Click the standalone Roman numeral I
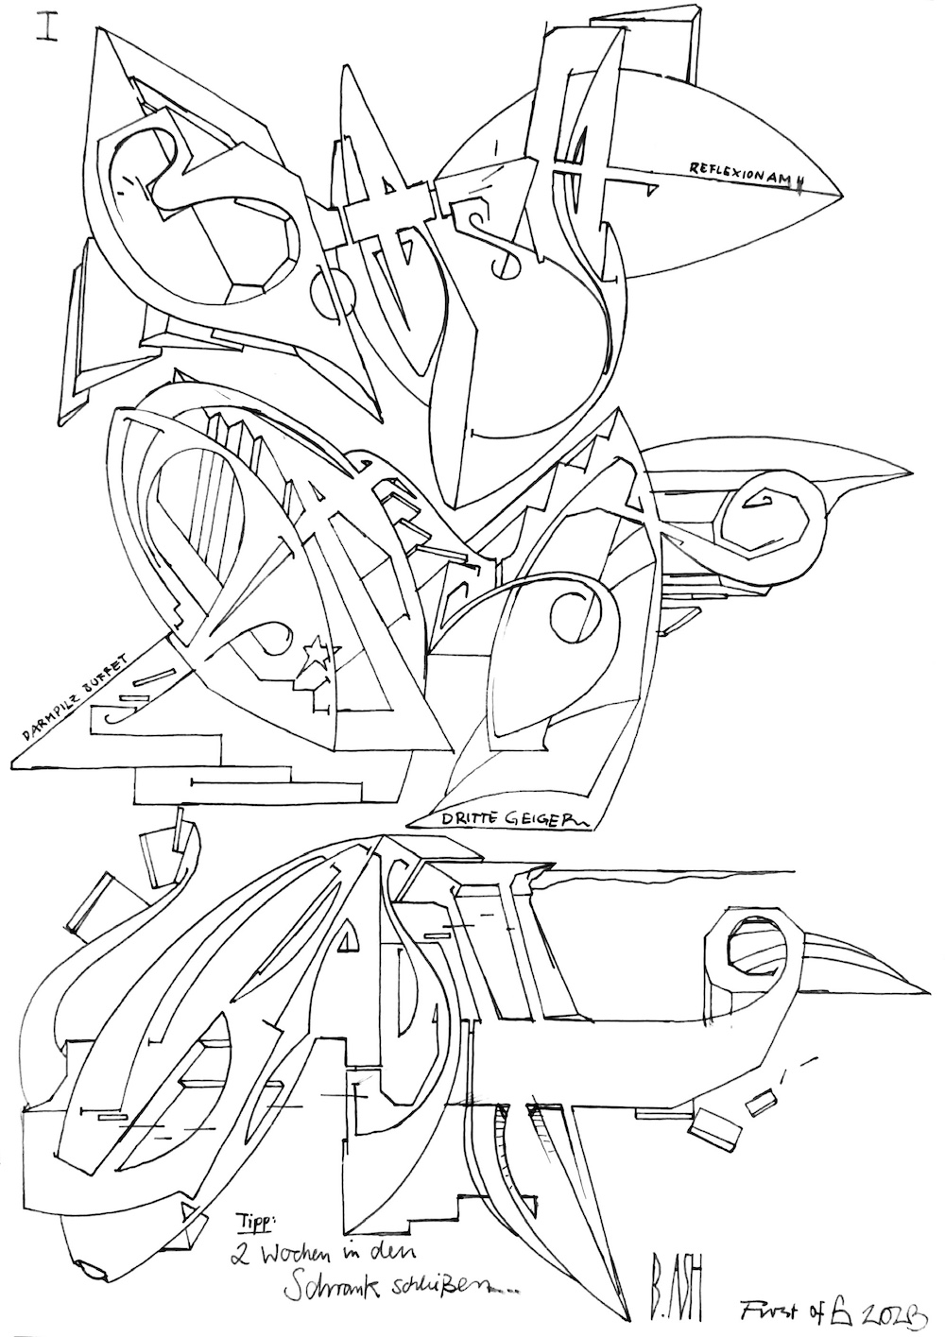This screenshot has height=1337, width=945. [44, 26]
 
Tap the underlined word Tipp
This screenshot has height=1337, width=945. [256, 1221]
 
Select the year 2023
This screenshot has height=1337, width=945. [892, 1311]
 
